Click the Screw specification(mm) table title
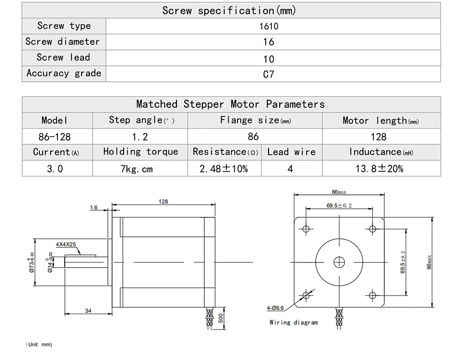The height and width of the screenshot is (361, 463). (229, 10)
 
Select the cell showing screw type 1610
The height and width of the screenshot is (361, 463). (269, 26)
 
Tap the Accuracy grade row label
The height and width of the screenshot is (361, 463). (64, 73)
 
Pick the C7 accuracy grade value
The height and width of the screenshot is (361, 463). (269, 74)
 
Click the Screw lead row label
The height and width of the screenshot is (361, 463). (64, 57)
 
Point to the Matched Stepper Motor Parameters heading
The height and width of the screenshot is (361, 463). (231, 104)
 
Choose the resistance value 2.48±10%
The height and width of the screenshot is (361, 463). (224, 169)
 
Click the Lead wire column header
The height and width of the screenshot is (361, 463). (291, 152)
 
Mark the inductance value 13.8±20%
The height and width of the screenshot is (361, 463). (379, 169)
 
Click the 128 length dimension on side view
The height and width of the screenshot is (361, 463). (163, 201)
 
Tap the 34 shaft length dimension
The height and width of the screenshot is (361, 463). (88, 311)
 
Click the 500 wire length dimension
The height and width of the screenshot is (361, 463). (222, 318)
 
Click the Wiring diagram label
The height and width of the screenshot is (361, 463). (294, 322)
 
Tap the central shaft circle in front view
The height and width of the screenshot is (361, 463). (339, 261)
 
